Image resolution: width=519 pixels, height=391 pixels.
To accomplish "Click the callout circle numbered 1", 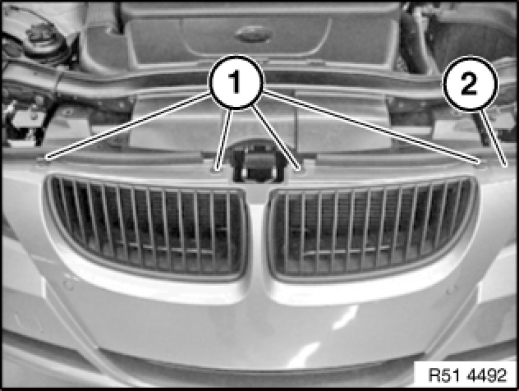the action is pyautogui.click(x=235, y=82).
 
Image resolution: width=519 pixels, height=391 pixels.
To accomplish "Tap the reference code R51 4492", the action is pyautogui.click(x=467, y=375).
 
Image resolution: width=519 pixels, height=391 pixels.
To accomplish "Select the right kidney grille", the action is pyautogui.click(x=372, y=229).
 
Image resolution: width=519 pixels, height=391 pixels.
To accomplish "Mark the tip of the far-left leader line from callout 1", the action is pyautogui.click(x=47, y=158).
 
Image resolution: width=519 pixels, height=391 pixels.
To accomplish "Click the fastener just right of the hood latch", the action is pyautogui.click(x=299, y=169).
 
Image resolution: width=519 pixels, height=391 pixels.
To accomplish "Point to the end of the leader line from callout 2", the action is pyautogui.click(x=505, y=164).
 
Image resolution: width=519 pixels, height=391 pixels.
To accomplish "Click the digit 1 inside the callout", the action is pyautogui.click(x=235, y=82).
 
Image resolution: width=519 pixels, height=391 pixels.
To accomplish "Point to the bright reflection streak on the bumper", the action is pyautogui.click(x=344, y=317).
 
